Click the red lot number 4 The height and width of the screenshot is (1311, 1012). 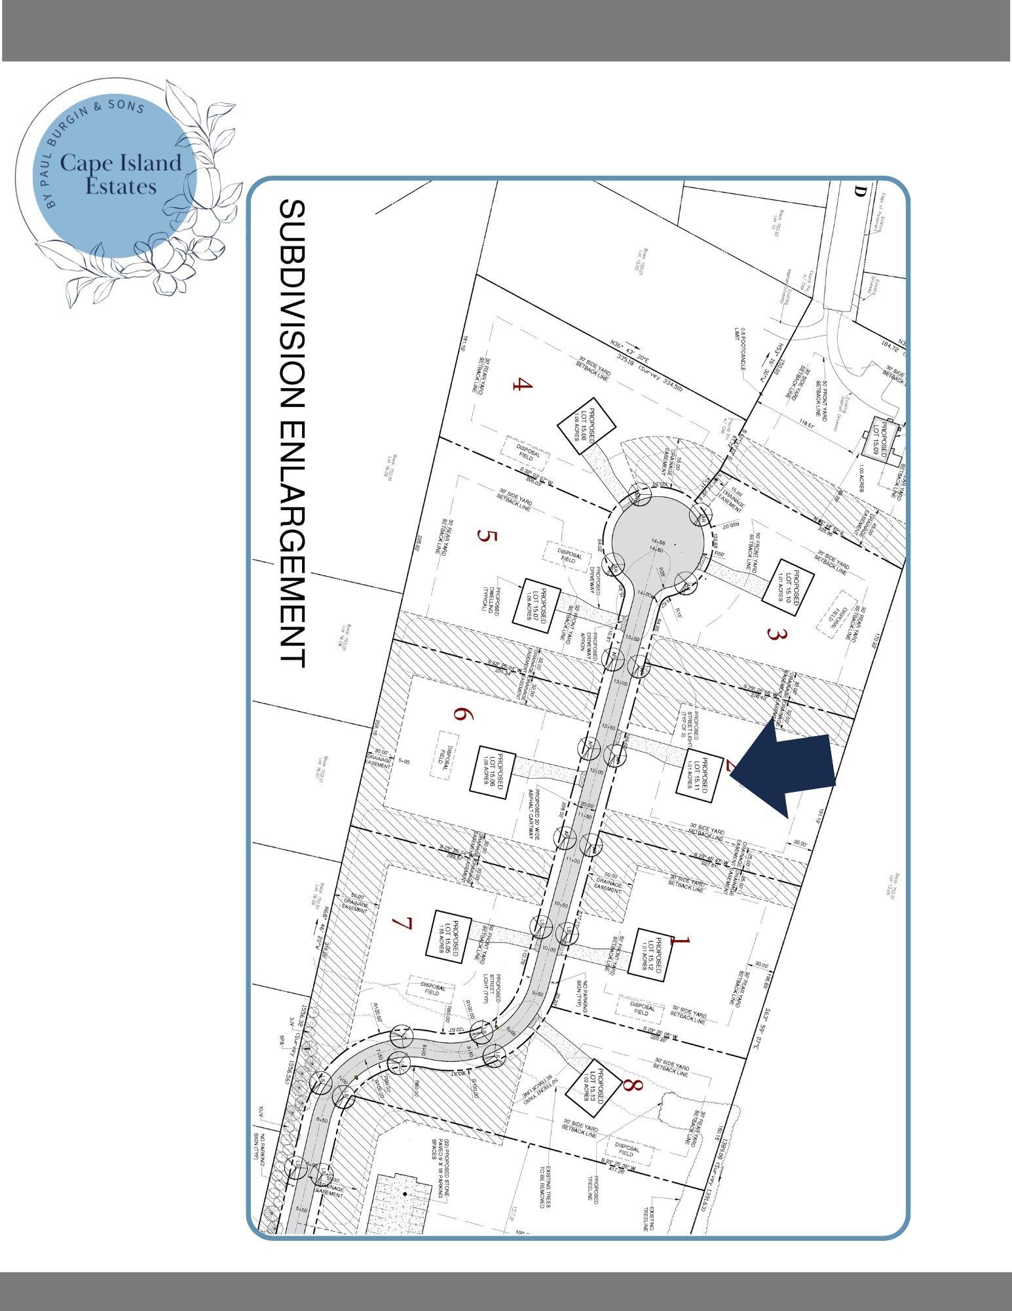(522, 384)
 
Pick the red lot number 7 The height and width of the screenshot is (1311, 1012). (402, 924)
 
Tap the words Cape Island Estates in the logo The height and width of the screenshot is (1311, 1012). (121, 174)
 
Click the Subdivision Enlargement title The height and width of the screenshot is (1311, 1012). (292, 433)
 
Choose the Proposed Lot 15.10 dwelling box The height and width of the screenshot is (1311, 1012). (788, 587)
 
